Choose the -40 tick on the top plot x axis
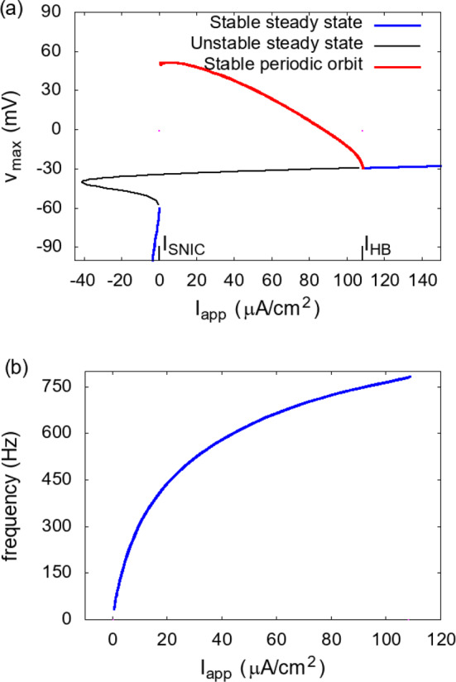pyautogui.click(x=81, y=271)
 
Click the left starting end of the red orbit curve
pyautogui.click(x=161, y=64)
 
